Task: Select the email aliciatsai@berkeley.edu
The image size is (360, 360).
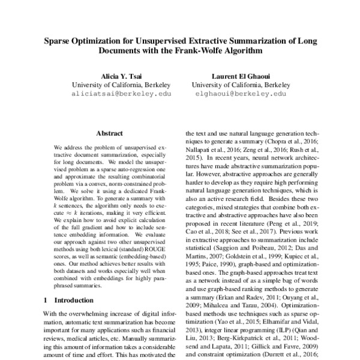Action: click(x=121, y=94)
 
